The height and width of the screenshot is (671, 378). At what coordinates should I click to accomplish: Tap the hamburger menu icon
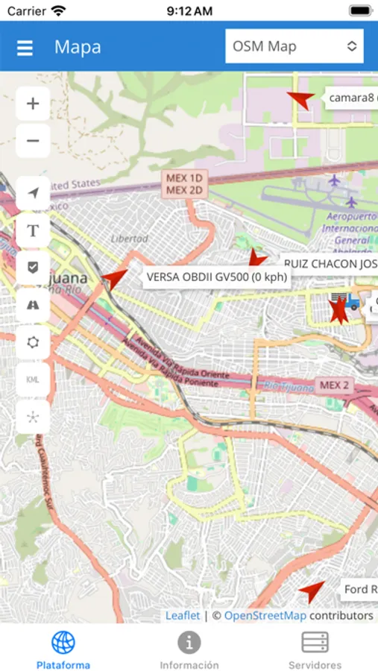25,48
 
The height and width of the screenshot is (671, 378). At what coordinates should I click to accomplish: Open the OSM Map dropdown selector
294,46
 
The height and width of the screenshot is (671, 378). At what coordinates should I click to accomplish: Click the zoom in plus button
33,104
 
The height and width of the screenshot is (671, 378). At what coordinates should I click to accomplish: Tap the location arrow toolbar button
33,193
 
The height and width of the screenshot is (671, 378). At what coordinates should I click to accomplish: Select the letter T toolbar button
33,230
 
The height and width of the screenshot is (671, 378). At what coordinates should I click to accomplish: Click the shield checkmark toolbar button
33,267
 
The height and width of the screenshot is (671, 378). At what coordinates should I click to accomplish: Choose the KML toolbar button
33,379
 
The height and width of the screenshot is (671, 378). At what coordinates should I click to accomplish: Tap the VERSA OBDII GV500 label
216,277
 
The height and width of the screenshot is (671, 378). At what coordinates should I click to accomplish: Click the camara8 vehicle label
352,98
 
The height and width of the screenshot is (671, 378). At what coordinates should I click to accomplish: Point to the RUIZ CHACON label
329,263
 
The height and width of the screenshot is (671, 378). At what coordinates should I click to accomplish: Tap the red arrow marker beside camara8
302,99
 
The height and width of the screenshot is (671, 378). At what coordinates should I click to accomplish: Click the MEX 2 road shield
334,385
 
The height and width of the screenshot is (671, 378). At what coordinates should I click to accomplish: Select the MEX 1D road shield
185,178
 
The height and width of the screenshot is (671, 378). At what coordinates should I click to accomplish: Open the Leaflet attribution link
183,615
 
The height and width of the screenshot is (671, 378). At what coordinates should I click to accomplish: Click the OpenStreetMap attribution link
265,615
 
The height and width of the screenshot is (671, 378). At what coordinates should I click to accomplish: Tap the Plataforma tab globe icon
63,642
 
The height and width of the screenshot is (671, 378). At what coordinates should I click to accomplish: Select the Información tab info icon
189,642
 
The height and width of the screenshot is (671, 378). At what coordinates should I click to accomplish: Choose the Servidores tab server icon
315,642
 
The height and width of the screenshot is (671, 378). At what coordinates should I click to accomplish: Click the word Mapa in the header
78,48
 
